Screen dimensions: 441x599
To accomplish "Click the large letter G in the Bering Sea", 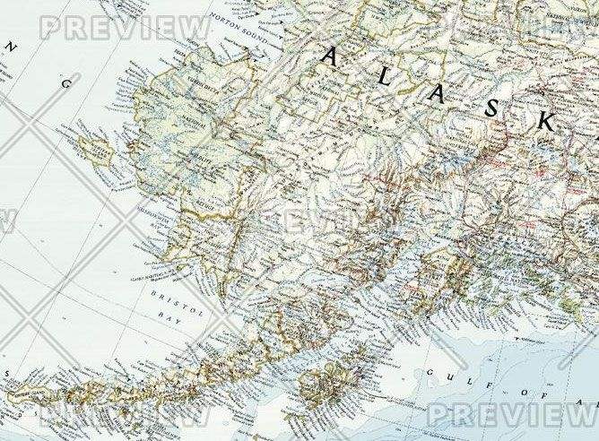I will tap(65, 82).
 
